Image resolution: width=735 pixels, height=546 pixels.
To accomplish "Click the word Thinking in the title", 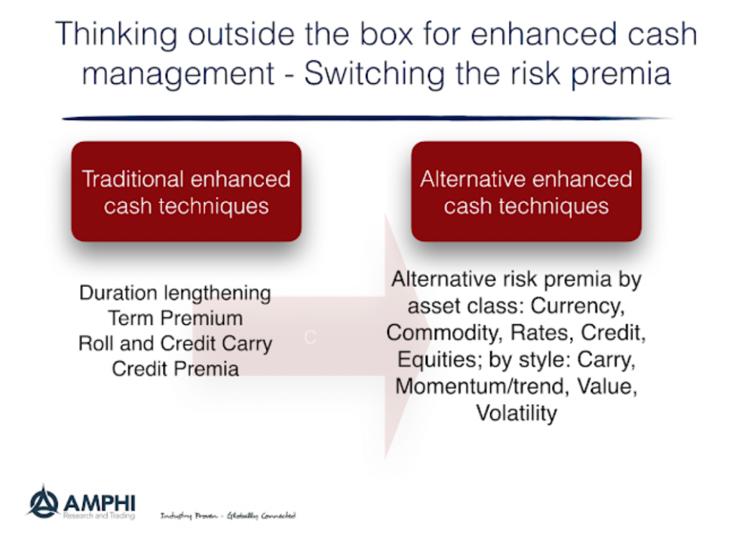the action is [x=116, y=34].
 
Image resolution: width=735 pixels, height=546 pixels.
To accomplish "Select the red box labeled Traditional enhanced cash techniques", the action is [x=186, y=192].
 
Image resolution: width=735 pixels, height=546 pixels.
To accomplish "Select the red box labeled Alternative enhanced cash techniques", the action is [x=526, y=192].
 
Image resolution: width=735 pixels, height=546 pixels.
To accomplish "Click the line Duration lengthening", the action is [x=175, y=293].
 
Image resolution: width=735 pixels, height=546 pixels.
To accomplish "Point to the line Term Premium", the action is [x=175, y=319].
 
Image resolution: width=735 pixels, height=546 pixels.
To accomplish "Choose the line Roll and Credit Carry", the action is [x=175, y=344].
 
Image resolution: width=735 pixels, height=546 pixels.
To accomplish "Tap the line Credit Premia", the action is [x=175, y=369].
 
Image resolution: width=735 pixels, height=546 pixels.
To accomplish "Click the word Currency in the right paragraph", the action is [x=578, y=306].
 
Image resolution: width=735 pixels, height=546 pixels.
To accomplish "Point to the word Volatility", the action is [x=517, y=413].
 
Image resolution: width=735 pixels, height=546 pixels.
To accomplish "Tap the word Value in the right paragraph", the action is [x=607, y=387].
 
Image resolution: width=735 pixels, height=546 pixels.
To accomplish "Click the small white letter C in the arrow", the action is [x=310, y=337].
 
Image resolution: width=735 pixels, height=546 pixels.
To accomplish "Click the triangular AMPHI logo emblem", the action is [x=44, y=502].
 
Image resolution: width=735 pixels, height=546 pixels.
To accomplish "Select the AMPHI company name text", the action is [x=99, y=504].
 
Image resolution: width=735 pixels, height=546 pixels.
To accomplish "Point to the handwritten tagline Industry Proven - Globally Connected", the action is [x=228, y=516].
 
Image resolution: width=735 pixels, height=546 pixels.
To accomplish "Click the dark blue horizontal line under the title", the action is [x=367, y=118].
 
